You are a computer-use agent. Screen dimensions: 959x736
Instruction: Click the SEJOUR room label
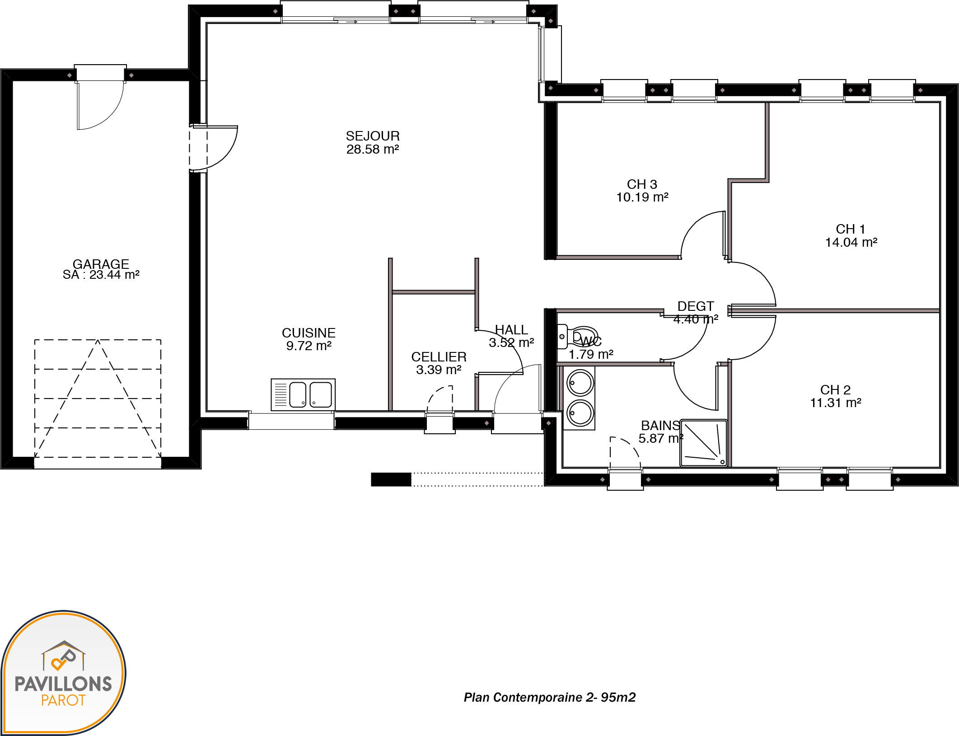(x=373, y=136)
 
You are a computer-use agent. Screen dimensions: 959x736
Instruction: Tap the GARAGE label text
(x=101, y=264)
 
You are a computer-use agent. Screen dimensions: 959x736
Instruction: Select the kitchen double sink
(x=303, y=394)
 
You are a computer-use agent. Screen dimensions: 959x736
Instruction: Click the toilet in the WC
(x=578, y=337)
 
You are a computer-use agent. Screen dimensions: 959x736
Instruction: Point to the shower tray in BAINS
(x=704, y=443)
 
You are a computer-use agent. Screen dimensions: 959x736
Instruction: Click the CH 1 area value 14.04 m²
(x=851, y=243)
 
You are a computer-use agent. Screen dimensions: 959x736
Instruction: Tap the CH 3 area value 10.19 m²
(x=642, y=197)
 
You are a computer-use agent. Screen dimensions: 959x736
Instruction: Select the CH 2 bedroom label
(x=835, y=390)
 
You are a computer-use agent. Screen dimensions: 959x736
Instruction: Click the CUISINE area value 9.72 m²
(x=309, y=346)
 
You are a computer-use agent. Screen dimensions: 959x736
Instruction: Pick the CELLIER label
(x=439, y=357)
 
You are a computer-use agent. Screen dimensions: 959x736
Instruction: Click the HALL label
(x=511, y=330)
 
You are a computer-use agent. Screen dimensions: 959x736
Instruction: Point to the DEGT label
(x=696, y=306)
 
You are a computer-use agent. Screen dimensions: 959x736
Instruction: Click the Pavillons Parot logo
(x=63, y=672)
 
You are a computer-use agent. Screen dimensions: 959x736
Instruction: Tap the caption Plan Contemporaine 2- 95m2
(x=550, y=698)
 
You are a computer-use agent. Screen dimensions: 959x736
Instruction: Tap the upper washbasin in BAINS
(x=580, y=383)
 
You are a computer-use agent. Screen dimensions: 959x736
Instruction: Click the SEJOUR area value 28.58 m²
(x=373, y=150)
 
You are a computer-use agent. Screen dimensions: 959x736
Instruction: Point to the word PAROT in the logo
(x=63, y=700)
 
